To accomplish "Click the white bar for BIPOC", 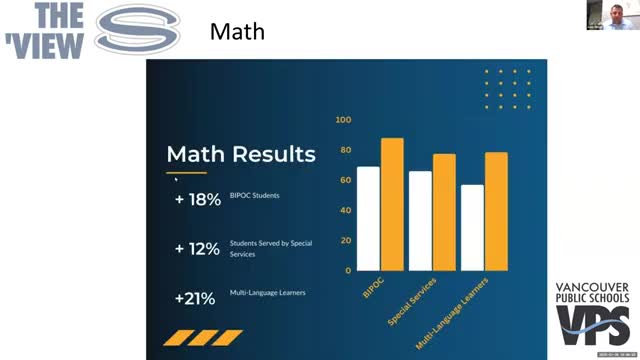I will click(x=368, y=218).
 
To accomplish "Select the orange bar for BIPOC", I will click(x=392, y=204).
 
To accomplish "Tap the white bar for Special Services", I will click(x=420, y=220).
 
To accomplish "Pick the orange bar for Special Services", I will click(x=444, y=212).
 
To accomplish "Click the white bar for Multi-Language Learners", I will click(x=472, y=227).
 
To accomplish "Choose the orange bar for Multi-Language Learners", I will click(x=496, y=211).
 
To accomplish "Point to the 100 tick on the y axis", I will click(x=344, y=120).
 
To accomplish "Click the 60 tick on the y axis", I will click(x=345, y=180).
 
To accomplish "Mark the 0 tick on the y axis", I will click(x=348, y=270).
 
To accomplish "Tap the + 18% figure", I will click(x=197, y=199).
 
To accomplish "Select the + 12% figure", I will click(x=197, y=249).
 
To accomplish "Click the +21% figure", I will click(x=196, y=297).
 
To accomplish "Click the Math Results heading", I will click(x=240, y=154).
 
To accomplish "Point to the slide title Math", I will click(x=237, y=32).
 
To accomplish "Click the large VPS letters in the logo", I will click(x=592, y=325).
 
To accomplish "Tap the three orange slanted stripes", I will click(x=203, y=337).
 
